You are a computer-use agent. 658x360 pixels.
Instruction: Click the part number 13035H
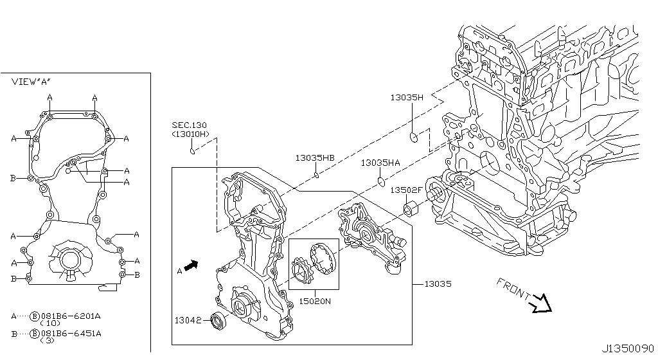pos(407,98)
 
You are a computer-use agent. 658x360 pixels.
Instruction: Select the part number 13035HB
pos(315,157)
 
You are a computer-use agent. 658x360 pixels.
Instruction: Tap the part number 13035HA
pos(380,163)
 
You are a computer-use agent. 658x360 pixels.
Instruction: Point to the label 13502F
pos(407,190)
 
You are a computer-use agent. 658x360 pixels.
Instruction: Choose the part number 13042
pos(188,319)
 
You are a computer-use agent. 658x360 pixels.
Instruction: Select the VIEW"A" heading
pos(31,82)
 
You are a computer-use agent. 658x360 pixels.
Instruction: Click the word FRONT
pos(511,290)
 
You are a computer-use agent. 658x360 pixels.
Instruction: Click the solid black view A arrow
pos(191,265)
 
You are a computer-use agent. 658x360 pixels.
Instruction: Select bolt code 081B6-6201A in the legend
pos(72,316)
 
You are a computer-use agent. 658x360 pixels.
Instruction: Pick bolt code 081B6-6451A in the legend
pos(72,334)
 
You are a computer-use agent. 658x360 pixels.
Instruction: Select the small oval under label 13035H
pos(414,137)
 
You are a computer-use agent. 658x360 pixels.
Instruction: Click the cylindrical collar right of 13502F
pos(411,209)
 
